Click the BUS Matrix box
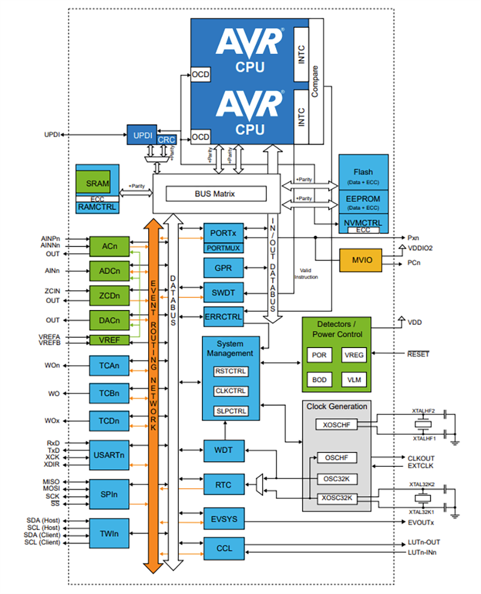(x=216, y=194)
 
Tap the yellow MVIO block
(x=359, y=260)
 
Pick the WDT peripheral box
(x=223, y=451)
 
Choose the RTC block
(x=223, y=485)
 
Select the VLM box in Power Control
(x=353, y=379)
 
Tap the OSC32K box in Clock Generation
(x=336, y=478)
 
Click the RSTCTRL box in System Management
(x=231, y=372)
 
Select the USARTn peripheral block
(x=109, y=454)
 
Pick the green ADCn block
(x=109, y=271)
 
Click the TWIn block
(x=109, y=533)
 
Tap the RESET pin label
(x=418, y=354)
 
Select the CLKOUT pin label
(x=421, y=458)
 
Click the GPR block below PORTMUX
(x=223, y=267)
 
